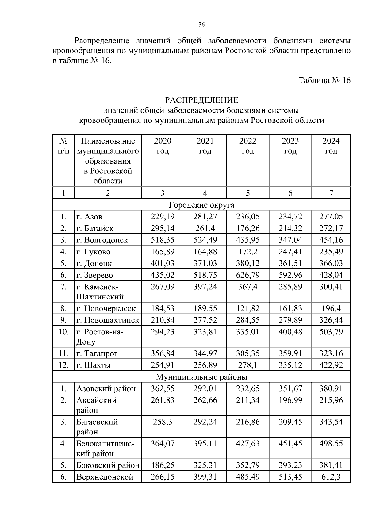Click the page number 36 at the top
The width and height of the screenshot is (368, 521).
(x=201, y=25)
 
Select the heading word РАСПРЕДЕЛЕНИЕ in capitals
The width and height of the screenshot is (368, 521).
(x=201, y=100)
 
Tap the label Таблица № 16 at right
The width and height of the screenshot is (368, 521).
(x=324, y=80)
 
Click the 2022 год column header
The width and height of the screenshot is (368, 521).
(x=247, y=146)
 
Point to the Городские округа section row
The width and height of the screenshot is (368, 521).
(x=201, y=205)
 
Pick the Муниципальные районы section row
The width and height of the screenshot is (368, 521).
(x=201, y=376)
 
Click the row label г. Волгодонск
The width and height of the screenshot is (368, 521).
(x=102, y=240)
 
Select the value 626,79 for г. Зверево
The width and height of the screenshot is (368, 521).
(x=247, y=275)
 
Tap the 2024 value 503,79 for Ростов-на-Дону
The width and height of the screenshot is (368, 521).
(x=331, y=332)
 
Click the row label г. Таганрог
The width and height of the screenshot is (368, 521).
(x=97, y=353)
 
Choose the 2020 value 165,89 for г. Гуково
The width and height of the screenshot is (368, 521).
(x=163, y=252)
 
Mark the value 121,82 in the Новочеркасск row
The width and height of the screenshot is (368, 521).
(x=247, y=308)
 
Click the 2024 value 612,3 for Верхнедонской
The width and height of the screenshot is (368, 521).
(x=331, y=477)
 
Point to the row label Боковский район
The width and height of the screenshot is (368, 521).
(x=108, y=465)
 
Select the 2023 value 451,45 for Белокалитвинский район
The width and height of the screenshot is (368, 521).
(x=290, y=443)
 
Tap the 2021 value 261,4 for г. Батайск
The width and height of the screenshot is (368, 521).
(x=205, y=228)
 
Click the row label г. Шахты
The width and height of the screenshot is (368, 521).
(x=94, y=365)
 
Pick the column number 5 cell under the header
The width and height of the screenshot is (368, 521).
(x=247, y=193)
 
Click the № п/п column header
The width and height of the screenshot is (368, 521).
(x=63, y=146)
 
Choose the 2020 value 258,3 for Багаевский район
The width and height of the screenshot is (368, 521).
(x=163, y=422)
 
